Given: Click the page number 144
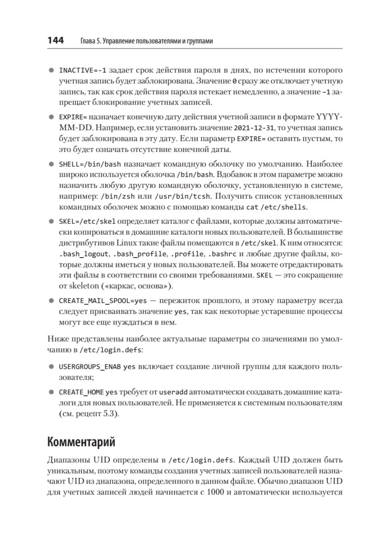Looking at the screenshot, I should (55, 41).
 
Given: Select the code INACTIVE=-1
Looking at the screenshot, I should (83, 71).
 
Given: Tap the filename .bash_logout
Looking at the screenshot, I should (84, 254).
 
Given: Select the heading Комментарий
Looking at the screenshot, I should (81, 443).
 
